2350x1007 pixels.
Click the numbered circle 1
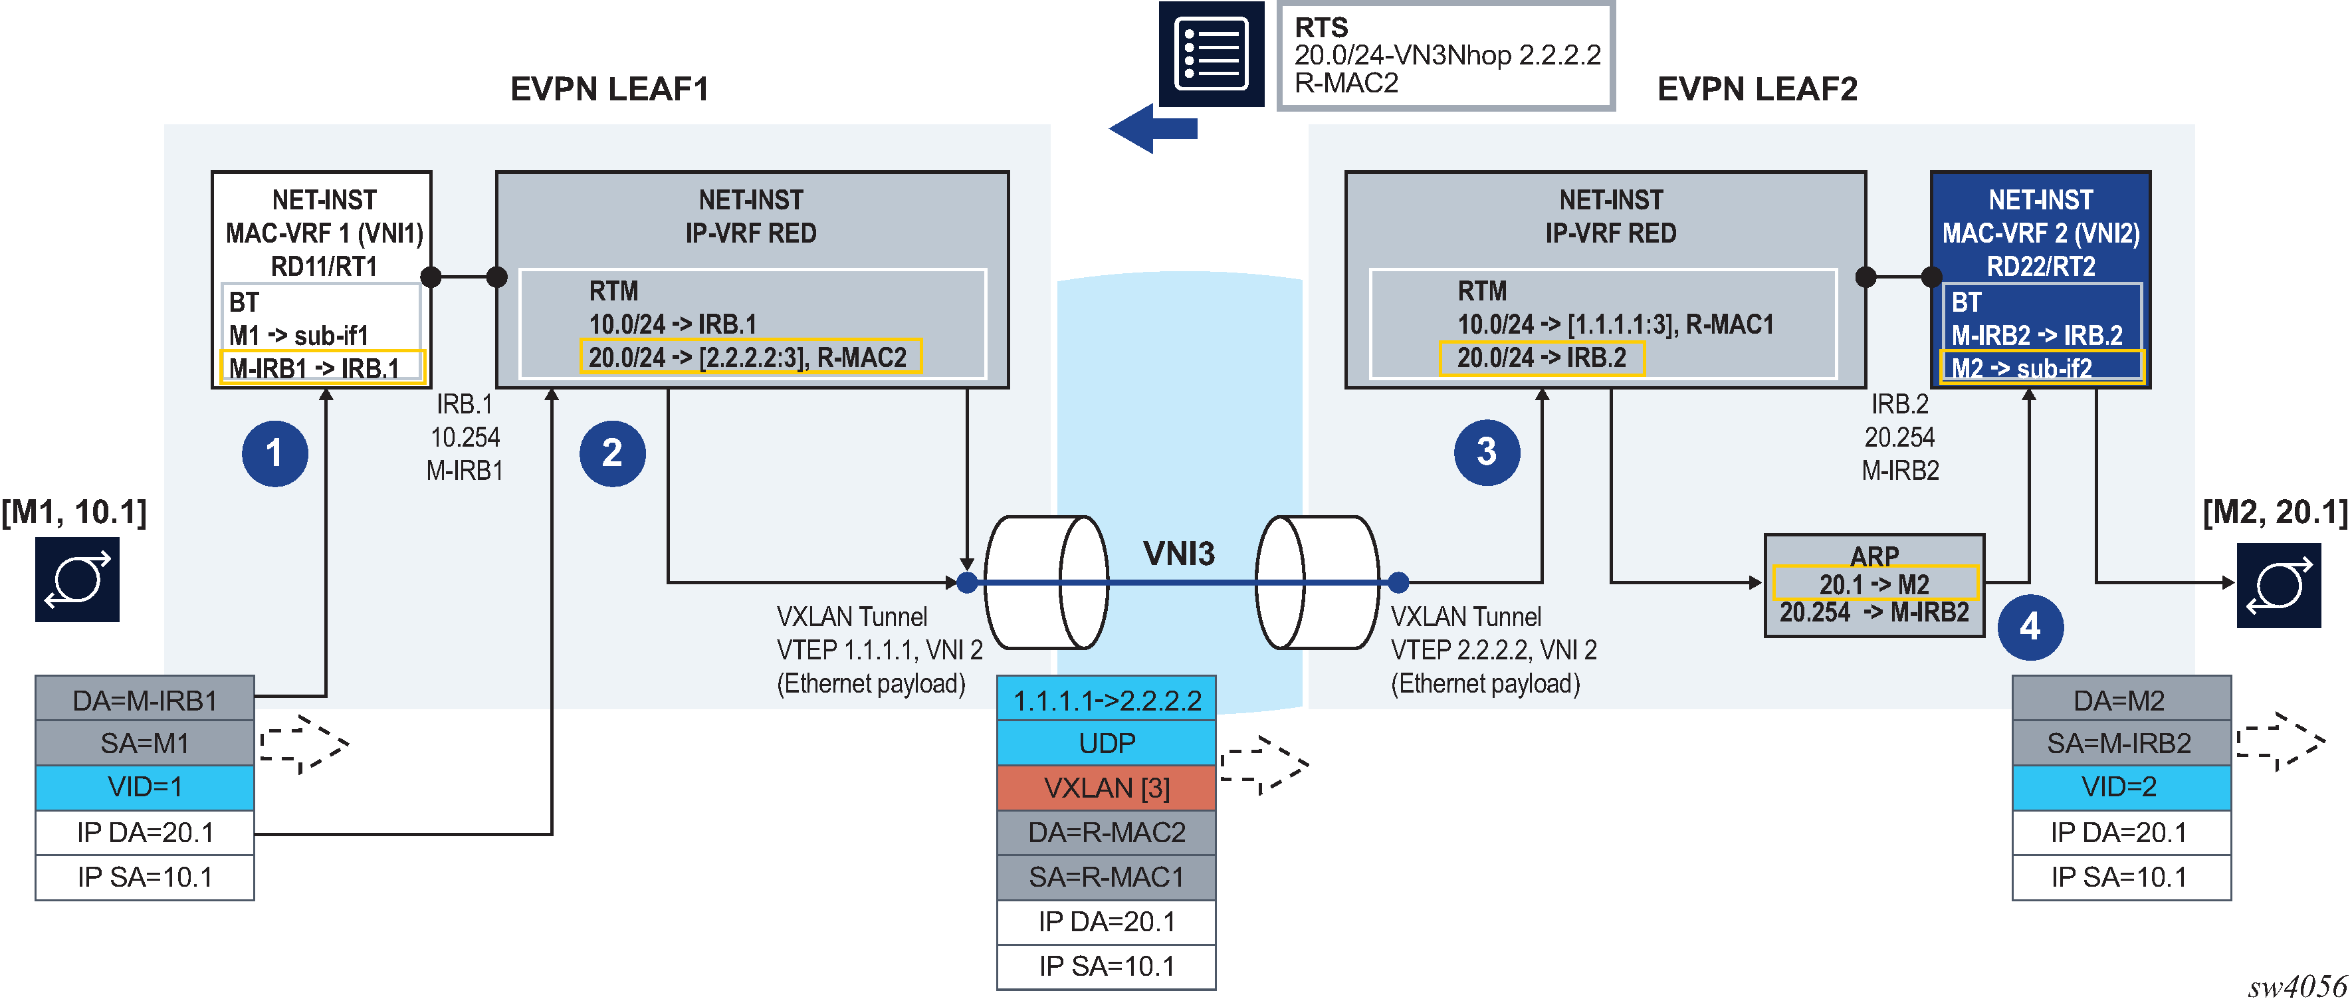pyautogui.click(x=274, y=453)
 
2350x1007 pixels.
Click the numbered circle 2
pyautogui.click(x=612, y=453)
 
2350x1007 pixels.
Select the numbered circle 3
pyautogui.click(x=1486, y=451)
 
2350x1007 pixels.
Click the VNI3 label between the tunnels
pyautogui.click(x=1178, y=554)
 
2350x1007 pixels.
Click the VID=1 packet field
pyautogui.click(x=145, y=787)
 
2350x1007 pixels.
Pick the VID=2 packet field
pyautogui.click(x=2121, y=787)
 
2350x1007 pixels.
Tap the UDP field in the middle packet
pyautogui.click(x=1107, y=743)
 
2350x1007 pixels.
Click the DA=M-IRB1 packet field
pyautogui.click(x=145, y=701)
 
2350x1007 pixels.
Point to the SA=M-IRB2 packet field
pyautogui.click(x=2121, y=743)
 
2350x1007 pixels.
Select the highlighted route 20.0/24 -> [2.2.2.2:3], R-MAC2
pyautogui.click(x=750, y=358)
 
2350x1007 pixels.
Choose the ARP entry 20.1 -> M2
pyautogui.click(x=1875, y=584)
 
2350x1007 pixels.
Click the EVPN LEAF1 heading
pyautogui.click(x=609, y=89)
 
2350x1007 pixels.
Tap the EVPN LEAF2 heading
pyautogui.click(x=1757, y=89)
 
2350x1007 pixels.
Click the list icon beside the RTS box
pyautogui.click(x=1211, y=54)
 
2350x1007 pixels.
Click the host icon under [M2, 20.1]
pyautogui.click(x=2278, y=586)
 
